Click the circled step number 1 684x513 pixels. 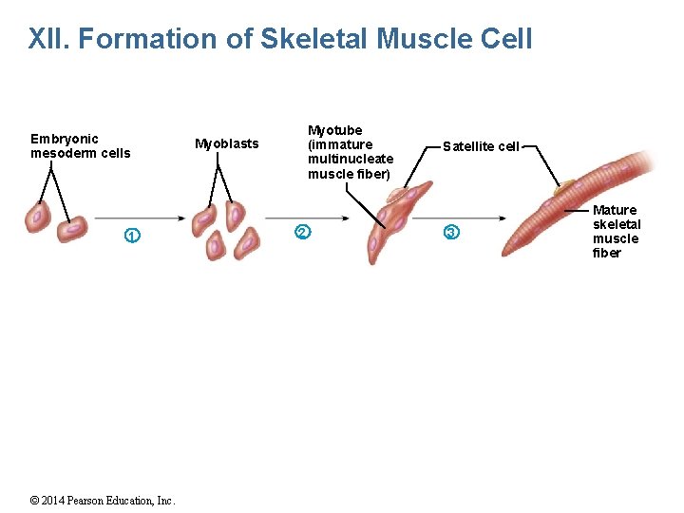pyautogui.click(x=133, y=235)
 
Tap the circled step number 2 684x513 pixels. pyautogui.click(x=302, y=232)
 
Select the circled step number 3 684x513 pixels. pyautogui.click(x=451, y=233)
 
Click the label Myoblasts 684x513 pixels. pyautogui.click(x=226, y=144)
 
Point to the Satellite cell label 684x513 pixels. pyautogui.click(x=481, y=146)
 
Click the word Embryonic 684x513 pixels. pyautogui.click(x=65, y=139)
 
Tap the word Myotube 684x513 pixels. pyautogui.click(x=334, y=130)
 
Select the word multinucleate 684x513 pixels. pyautogui.click(x=351, y=160)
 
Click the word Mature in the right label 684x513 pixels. pyautogui.click(x=615, y=210)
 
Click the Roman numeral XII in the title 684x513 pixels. pyautogui.click(x=48, y=40)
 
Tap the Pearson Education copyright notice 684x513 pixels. pyautogui.click(x=103, y=501)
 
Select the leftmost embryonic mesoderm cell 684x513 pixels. pyautogui.click(x=38, y=218)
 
